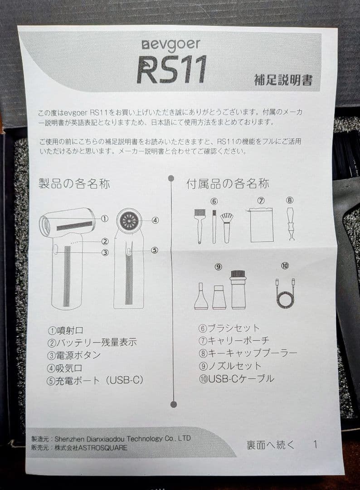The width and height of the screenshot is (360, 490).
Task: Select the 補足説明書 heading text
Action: [283, 80]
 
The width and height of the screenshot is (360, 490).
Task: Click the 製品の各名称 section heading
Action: [74, 184]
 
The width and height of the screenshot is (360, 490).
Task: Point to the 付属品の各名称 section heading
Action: [228, 184]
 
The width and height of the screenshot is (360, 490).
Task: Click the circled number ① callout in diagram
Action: [105, 218]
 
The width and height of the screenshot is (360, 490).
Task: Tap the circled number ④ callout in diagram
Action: [155, 220]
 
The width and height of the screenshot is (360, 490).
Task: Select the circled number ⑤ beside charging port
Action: [154, 250]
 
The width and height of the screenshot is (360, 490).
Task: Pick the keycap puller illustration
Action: [290, 224]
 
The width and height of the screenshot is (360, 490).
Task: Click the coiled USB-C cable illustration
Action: [285, 294]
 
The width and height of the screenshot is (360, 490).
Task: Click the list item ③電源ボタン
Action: [74, 355]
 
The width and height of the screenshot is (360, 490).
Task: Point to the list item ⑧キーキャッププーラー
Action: [248, 353]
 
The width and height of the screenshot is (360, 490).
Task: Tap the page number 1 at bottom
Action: [315, 445]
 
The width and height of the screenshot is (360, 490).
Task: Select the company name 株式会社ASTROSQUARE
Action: [91, 447]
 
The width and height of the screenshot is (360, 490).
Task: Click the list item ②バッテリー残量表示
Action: [92, 343]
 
